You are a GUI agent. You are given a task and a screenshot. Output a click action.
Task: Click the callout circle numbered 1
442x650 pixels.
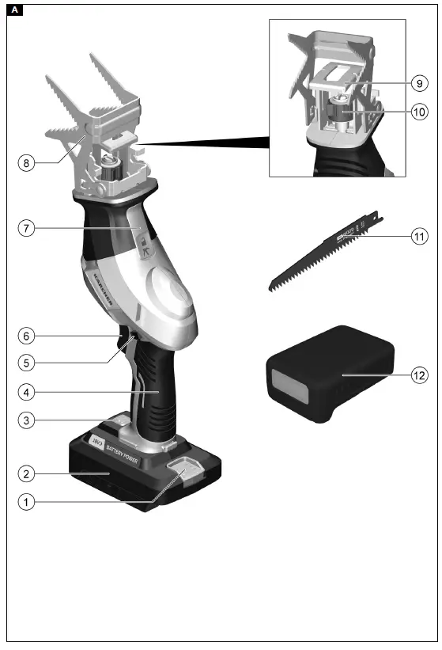26,501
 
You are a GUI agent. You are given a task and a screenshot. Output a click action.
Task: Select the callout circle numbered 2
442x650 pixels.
26,473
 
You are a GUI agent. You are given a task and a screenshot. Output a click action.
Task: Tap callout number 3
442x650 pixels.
26,420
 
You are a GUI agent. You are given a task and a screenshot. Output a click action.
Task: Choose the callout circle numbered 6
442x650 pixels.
26,336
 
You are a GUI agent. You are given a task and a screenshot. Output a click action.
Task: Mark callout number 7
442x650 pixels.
26,228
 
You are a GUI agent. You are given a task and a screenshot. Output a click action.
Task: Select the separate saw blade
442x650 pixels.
324,251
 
